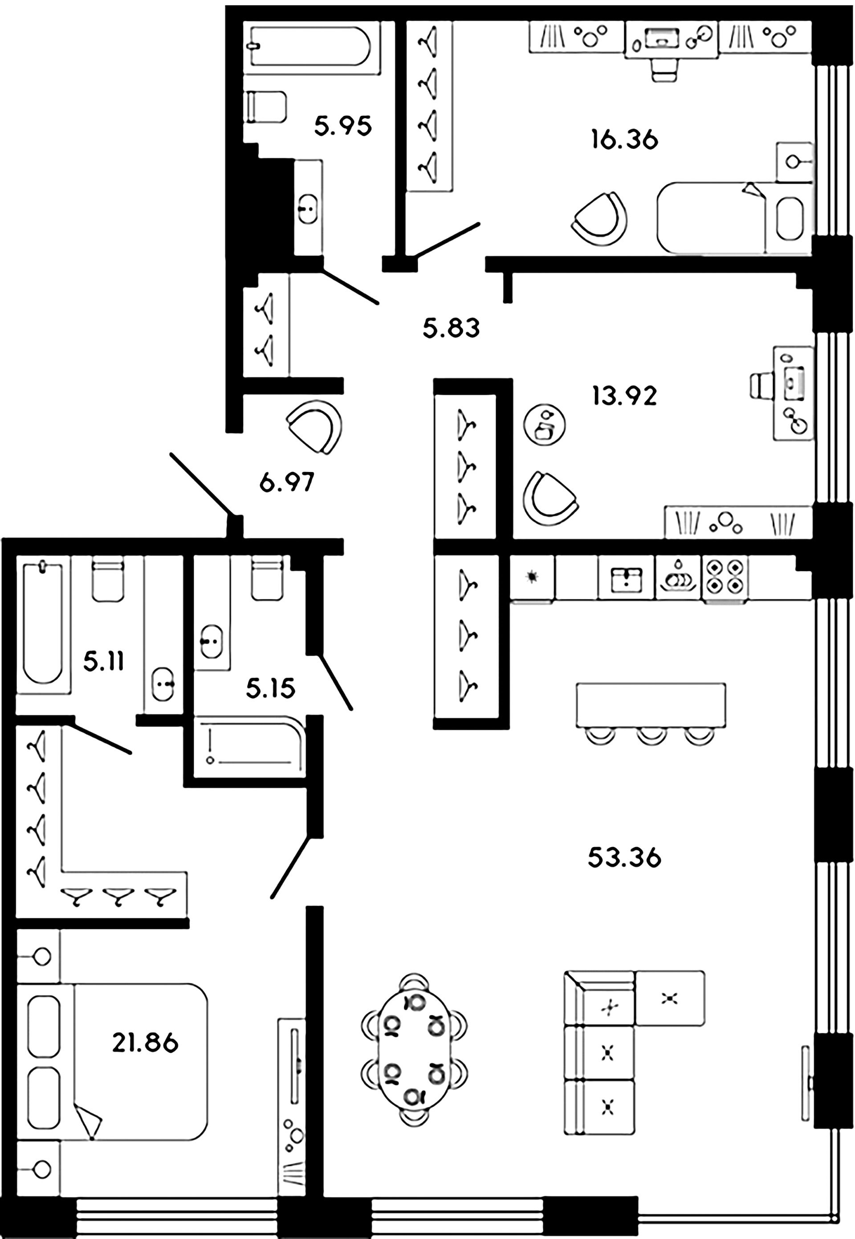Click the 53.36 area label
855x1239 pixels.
point(624,858)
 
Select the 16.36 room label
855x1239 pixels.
point(624,140)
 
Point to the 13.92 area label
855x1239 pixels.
point(624,396)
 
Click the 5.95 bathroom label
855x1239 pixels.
point(342,127)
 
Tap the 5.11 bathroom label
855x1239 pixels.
point(103,662)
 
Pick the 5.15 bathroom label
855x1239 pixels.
point(271,689)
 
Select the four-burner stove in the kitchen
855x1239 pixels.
point(724,576)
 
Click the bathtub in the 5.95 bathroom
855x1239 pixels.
point(309,47)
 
